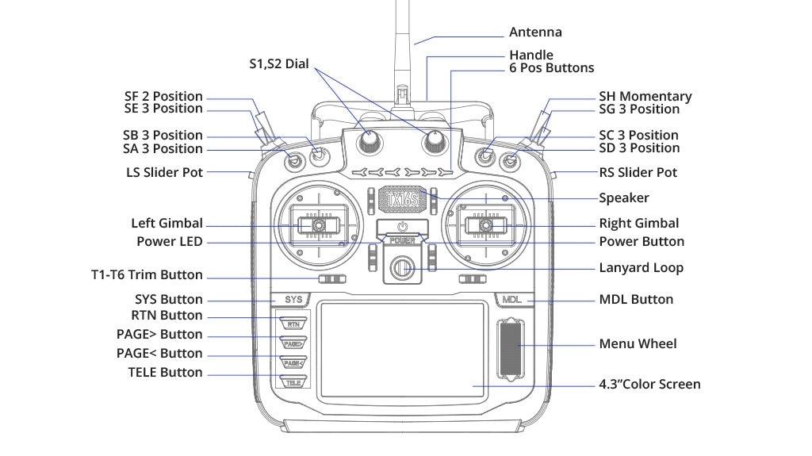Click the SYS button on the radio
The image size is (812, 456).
click(x=293, y=300)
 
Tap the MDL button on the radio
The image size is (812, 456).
click(x=510, y=300)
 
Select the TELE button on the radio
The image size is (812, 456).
click(x=293, y=382)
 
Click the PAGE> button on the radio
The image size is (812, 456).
click(x=293, y=343)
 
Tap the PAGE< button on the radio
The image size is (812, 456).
click(x=293, y=362)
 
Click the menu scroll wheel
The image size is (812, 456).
click(x=510, y=348)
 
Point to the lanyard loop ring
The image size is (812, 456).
click(x=403, y=268)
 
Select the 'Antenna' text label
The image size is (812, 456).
click(x=535, y=33)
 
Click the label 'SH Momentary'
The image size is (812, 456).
click(x=645, y=97)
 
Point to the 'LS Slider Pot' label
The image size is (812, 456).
click(x=164, y=172)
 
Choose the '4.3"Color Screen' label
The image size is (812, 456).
click(x=649, y=385)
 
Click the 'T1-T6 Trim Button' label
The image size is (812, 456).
click(x=147, y=275)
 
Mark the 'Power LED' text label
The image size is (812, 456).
click(x=169, y=241)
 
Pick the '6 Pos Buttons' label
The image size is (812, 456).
click(x=551, y=68)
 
